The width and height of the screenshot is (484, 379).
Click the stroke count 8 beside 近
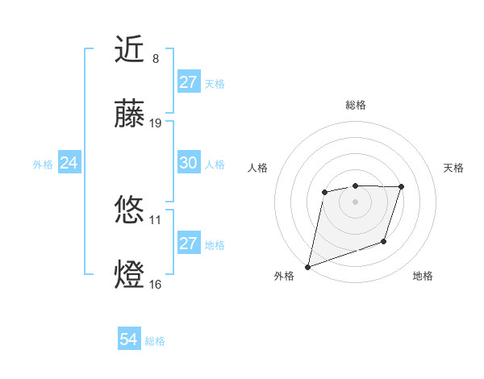tap(156, 58)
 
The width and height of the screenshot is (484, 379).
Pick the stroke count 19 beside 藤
tap(156, 123)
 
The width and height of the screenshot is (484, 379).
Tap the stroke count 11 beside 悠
tap(156, 219)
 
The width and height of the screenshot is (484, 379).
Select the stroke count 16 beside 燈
tap(156, 284)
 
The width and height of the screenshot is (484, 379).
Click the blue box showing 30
tap(188, 163)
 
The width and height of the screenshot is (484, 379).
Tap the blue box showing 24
tap(69, 163)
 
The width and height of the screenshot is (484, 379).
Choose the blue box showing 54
tap(128, 340)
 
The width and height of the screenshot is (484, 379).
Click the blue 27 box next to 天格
tap(188, 82)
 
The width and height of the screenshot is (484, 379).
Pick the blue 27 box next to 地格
tap(188, 244)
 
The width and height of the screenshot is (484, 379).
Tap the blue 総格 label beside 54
tap(155, 341)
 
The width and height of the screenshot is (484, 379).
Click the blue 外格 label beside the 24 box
tap(43, 164)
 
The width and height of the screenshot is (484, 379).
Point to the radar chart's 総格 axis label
tap(355, 105)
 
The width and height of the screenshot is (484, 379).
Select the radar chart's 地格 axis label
tap(423, 277)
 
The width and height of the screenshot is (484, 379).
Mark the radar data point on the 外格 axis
tap(308, 266)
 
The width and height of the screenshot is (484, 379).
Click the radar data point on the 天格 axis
tap(402, 187)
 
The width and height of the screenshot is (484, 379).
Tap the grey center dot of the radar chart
tap(355, 202)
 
